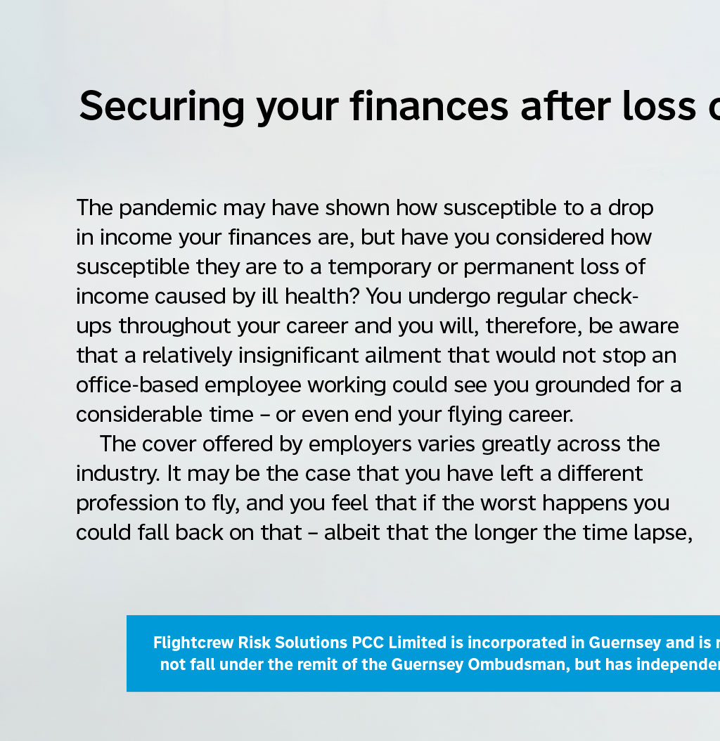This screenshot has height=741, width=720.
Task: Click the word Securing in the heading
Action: click(162, 108)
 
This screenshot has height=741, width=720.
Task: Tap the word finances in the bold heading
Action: click(430, 106)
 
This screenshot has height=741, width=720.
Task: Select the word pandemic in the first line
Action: click(168, 209)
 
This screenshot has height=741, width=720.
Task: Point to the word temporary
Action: click(380, 268)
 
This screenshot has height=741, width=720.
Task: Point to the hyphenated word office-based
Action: click(137, 385)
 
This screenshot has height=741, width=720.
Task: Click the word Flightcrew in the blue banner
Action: click(193, 643)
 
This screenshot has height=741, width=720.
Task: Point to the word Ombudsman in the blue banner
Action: click(516, 664)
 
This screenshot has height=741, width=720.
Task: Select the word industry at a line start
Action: click(117, 475)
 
